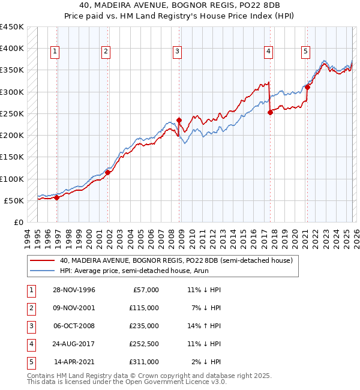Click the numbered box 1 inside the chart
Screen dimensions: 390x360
pos(55,52)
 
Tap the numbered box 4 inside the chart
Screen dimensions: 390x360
pos(268,52)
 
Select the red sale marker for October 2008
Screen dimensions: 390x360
pos(179,120)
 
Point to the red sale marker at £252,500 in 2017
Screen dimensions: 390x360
pos(270,112)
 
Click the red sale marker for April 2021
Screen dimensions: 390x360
pos(307,87)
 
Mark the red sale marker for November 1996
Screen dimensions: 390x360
pos(57,197)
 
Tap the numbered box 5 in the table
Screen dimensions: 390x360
pos(29,362)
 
